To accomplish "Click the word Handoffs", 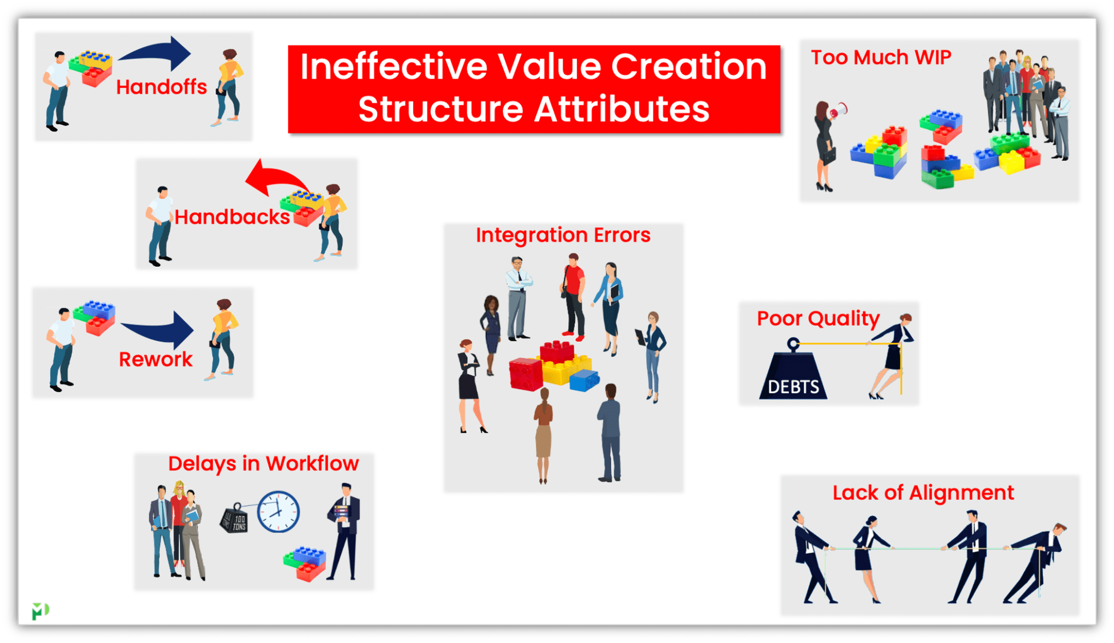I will point(162,87).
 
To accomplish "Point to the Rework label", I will point(155,360).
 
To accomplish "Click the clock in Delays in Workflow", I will point(278,512).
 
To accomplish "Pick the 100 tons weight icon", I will point(234,519).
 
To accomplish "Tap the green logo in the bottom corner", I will point(40,611).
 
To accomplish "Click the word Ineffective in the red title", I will point(393,67).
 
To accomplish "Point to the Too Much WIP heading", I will point(881,57).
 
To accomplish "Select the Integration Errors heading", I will point(563,235).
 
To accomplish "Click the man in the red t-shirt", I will point(573,295).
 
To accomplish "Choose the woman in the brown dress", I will point(543,434).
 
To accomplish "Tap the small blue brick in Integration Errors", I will point(584,380).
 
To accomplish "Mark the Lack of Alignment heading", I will point(923,493).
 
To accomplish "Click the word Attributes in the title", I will point(622,109).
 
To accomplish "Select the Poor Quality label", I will point(818,318).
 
